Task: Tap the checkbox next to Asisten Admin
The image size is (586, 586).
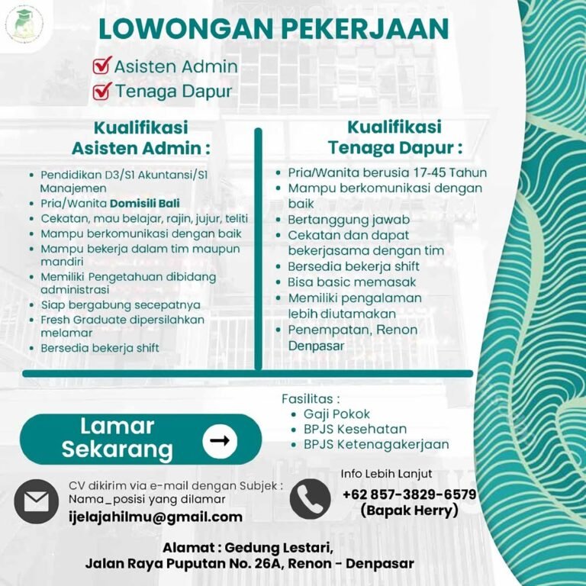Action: click(102, 66)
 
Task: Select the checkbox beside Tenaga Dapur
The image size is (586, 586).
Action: click(102, 92)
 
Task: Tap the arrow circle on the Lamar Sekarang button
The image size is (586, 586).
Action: click(220, 441)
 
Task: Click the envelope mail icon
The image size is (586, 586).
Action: click(36, 502)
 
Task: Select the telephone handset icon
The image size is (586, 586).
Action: click(311, 498)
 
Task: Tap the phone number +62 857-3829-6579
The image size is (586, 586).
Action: click(410, 494)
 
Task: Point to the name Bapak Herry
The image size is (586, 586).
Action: click(409, 510)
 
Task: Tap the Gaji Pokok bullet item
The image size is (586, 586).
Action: click(336, 414)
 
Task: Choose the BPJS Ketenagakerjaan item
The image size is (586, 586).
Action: click(376, 444)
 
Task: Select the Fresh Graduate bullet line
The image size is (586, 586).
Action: click(122, 320)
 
